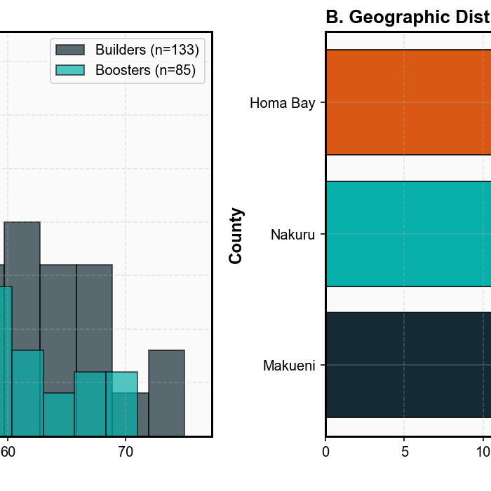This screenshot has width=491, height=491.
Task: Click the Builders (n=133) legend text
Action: tap(147, 50)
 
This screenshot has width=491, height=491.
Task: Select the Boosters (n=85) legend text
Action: tap(145, 70)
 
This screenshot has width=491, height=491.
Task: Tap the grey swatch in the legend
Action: tap(70, 50)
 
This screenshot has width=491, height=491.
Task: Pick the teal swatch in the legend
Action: tap(70, 70)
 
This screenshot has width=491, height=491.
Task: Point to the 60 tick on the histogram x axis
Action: tap(8, 452)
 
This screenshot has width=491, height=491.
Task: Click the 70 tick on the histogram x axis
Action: tap(125, 452)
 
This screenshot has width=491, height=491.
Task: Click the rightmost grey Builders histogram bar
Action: tap(166, 392)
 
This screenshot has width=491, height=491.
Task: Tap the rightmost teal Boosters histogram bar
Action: tap(121, 404)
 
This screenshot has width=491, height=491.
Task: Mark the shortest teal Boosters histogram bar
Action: tap(59, 415)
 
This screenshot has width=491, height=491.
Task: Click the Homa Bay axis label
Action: tap(283, 104)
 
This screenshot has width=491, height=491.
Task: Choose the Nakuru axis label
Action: tap(293, 235)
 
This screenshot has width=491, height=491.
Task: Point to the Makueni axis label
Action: tap(289, 366)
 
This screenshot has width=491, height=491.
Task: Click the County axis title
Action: tap(236, 235)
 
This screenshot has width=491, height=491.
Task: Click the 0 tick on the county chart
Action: tap(325, 452)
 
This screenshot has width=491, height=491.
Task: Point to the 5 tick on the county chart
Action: tap(405, 452)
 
